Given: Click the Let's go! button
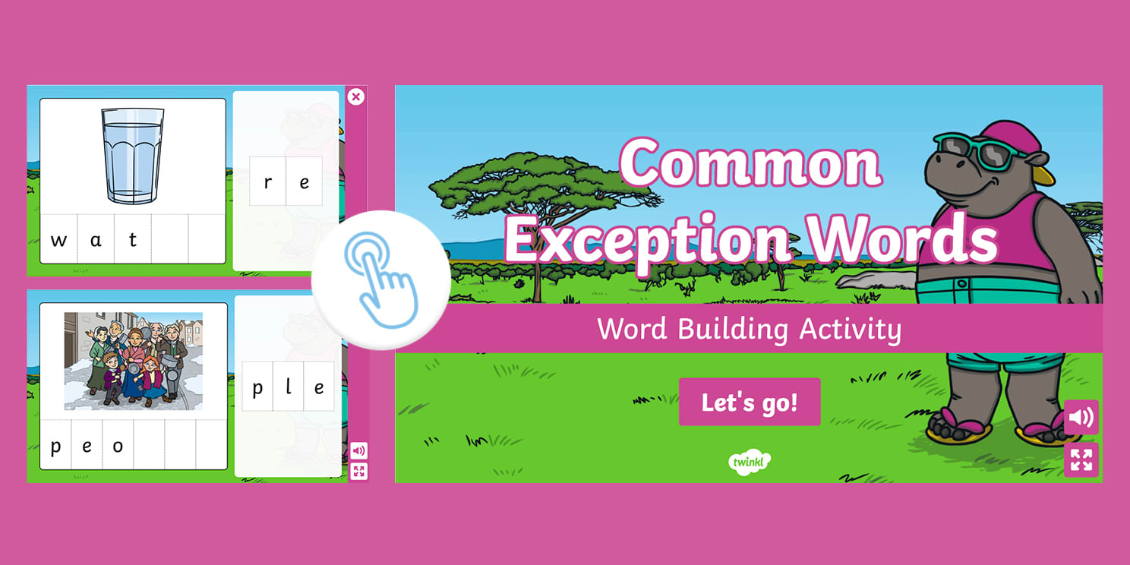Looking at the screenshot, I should (750, 402).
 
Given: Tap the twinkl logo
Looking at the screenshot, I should (750, 461).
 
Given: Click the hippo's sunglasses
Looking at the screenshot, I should (974, 151).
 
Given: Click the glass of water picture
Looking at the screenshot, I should (133, 155).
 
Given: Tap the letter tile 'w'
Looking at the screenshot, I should (58, 241).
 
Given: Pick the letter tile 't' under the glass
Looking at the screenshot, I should (133, 241).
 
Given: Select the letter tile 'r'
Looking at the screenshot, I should (268, 182).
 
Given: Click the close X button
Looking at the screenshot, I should (355, 96).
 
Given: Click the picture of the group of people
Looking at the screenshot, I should (134, 361).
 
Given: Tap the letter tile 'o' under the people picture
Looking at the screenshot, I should (118, 446).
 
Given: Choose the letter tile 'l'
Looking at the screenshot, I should (289, 388).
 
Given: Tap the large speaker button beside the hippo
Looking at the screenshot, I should (1081, 417).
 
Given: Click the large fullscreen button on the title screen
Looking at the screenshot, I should (1081, 459).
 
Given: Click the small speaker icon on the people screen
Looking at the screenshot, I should (359, 450).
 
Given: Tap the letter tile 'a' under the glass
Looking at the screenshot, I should (96, 241).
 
